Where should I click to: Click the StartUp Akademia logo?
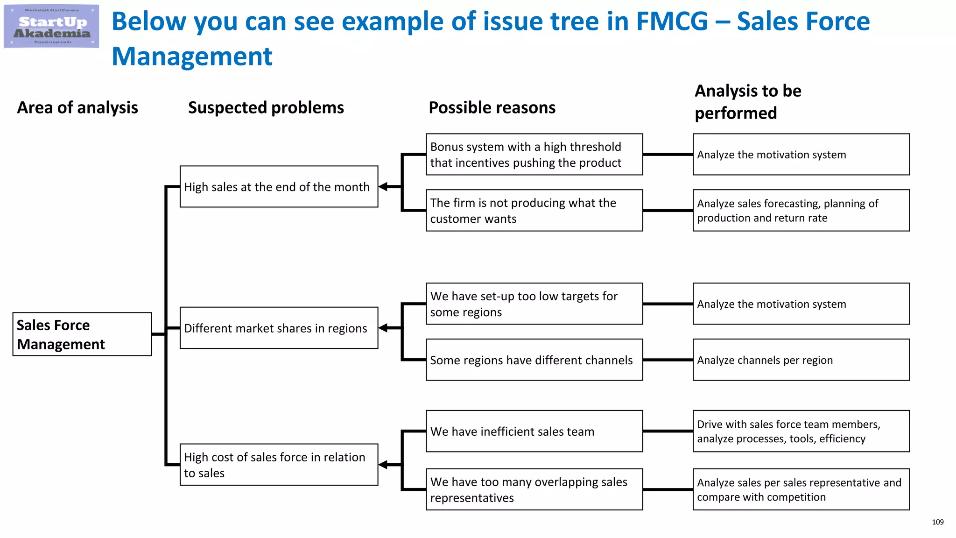click(51, 27)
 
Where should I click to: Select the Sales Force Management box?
click(82, 334)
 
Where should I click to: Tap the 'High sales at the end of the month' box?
click(279, 187)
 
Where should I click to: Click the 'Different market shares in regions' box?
click(279, 328)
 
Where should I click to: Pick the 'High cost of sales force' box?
click(279, 465)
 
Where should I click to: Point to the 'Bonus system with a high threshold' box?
click(534, 155)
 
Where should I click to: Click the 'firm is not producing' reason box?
click(534, 210)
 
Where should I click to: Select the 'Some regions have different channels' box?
click(534, 360)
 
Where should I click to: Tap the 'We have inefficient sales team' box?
click(534, 431)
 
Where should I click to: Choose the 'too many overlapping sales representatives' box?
click(534, 489)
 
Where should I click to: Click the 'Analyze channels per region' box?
click(801, 360)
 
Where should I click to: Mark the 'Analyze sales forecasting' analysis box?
click(801, 210)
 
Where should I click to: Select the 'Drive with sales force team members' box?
click(801, 431)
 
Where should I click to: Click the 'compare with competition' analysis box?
click(801, 489)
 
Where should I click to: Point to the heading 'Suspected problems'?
click(266, 108)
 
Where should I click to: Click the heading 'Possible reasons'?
click(492, 108)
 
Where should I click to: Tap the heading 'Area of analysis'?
click(77, 108)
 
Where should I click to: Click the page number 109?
click(937, 522)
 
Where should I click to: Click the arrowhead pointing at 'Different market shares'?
click(383, 328)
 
